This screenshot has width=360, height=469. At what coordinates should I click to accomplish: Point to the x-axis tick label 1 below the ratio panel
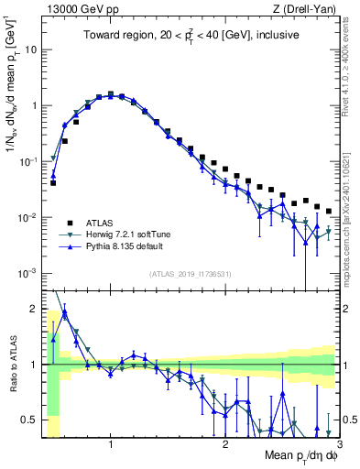tap(111, 444)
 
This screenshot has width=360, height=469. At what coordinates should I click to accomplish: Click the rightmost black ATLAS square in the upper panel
tap(329, 212)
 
